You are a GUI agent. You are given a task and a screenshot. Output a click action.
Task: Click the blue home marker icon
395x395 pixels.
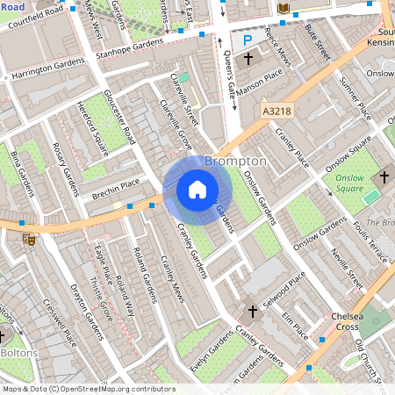pyautogui.click(x=197, y=190)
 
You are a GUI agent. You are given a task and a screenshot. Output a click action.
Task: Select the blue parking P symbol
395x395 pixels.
pyautogui.click(x=248, y=39)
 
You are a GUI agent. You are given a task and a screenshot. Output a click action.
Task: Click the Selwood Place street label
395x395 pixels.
pyautogui.click(x=285, y=285)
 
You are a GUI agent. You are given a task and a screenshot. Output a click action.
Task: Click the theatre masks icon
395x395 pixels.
pyautogui.click(x=29, y=237)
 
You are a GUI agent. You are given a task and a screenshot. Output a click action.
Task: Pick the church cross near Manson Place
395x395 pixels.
pyautogui.click(x=248, y=59)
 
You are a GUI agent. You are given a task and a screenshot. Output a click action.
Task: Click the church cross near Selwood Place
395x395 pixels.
pyautogui.click(x=253, y=312)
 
